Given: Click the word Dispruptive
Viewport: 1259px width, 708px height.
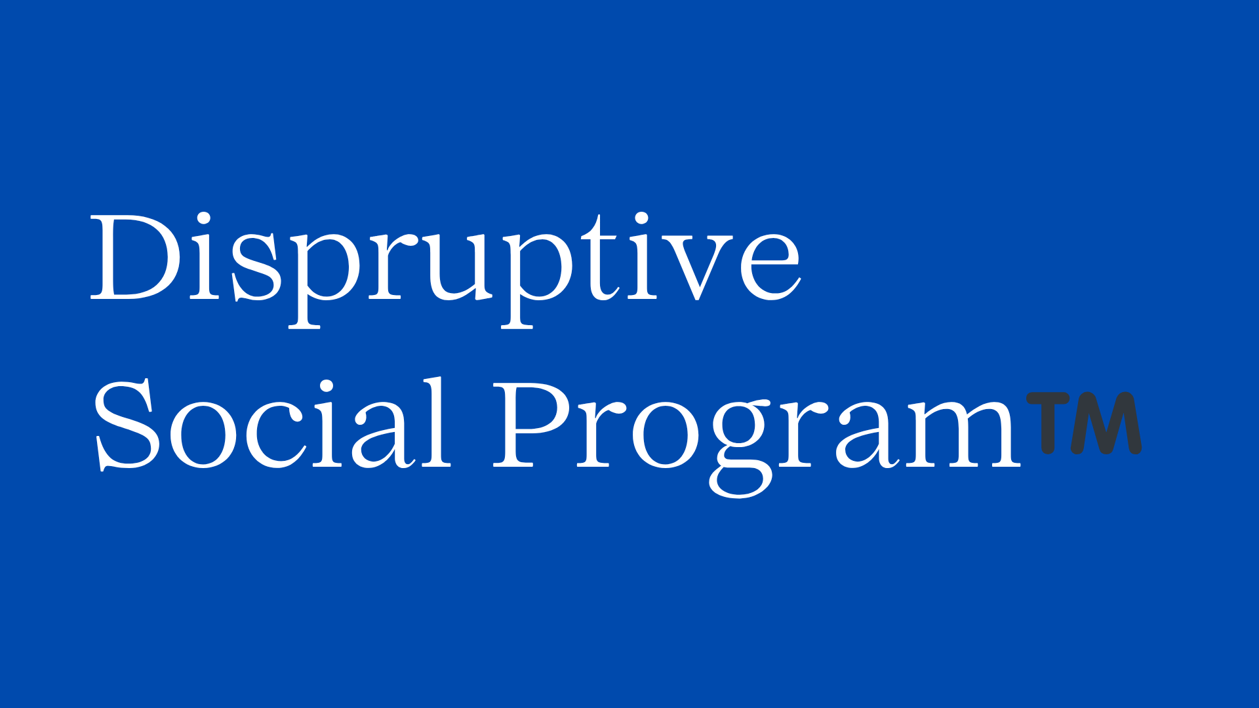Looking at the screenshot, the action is tap(445, 269).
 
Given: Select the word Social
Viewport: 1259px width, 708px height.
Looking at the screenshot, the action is tap(273, 423).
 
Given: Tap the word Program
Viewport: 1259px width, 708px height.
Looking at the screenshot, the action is tap(757, 437).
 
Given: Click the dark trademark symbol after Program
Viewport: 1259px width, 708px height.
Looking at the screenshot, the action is tap(1084, 423).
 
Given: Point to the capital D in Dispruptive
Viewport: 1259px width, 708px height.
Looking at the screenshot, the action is tap(135, 258).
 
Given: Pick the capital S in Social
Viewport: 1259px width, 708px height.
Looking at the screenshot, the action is tap(128, 424).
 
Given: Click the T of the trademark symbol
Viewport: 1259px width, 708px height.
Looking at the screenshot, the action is tap(1047, 423).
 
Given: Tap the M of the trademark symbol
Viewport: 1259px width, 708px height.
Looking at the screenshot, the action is tap(1107, 423).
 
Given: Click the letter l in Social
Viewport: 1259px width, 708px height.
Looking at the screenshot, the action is tap(433, 423).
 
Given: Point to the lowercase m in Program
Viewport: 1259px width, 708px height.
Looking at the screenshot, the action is tap(959, 434).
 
